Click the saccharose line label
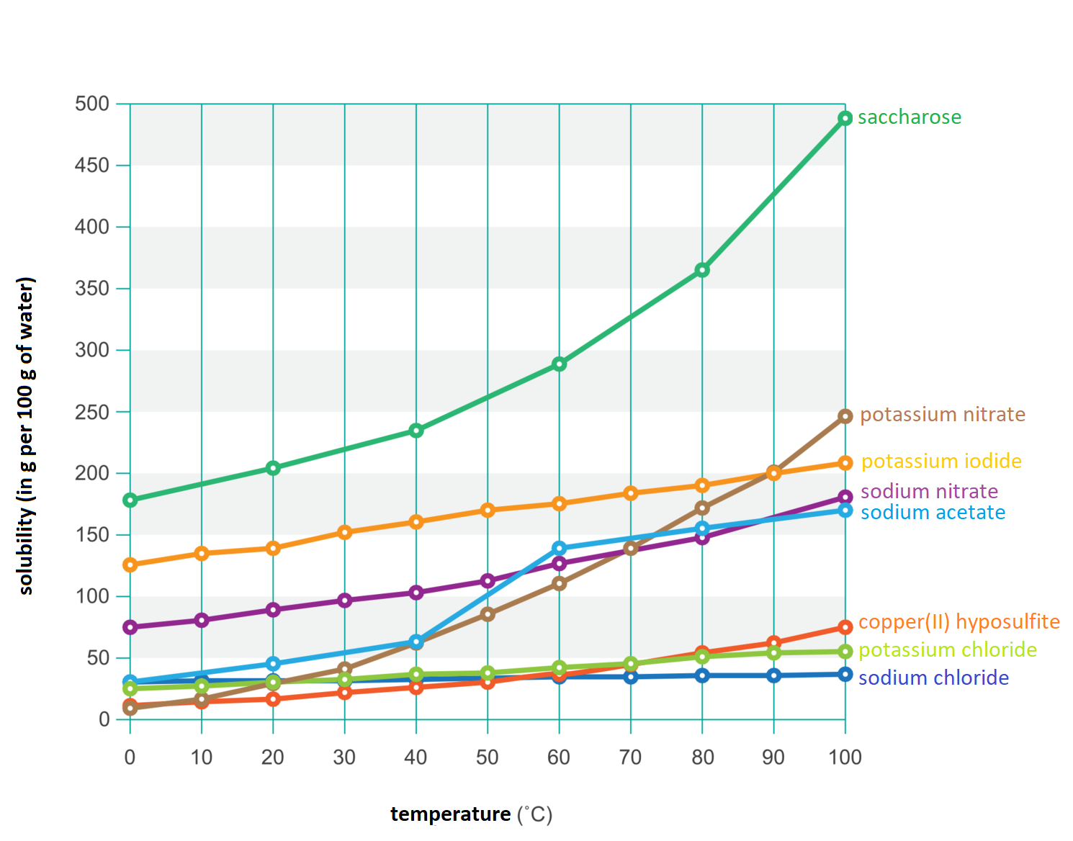(x=909, y=117)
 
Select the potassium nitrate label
(x=942, y=415)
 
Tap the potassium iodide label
(x=941, y=462)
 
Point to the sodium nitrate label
(x=929, y=492)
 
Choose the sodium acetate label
(x=933, y=513)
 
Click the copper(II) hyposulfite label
(x=958, y=622)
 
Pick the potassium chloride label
(x=947, y=650)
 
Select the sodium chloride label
(x=933, y=678)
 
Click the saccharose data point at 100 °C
(x=845, y=118)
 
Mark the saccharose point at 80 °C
(x=702, y=270)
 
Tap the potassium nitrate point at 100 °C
(x=845, y=416)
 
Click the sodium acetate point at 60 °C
(x=560, y=549)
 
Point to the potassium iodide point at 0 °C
(x=130, y=565)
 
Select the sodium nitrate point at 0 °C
(x=130, y=627)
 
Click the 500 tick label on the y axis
(x=92, y=104)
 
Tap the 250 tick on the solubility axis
(x=92, y=412)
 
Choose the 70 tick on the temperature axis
(x=630, y=757)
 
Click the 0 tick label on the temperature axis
(x=130, y=757)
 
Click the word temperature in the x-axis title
(x=450, y=814)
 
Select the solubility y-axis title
(x=26, y=436)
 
